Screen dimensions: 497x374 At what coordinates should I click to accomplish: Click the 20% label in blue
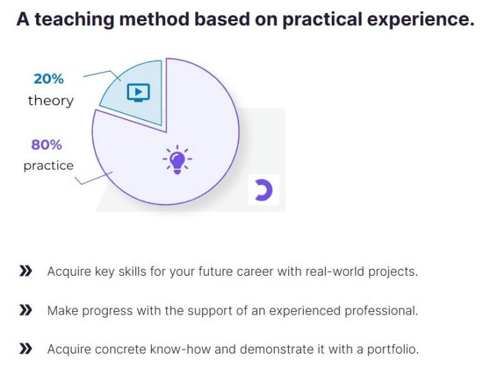pyautogui.click(x=48, y=79)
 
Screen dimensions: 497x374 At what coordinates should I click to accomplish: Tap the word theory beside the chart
pyautogui.click(x=51, y=101)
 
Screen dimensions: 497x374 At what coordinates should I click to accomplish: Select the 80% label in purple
pyautogui.click(x=46, y=145)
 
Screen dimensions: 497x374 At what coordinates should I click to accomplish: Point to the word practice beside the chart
pyautogui.click(x=48, y=166)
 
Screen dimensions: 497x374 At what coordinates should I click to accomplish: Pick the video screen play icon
pyautogui.click(x=138, y=93)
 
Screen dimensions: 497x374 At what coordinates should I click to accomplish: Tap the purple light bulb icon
pyautogui.click(x=177, y=160)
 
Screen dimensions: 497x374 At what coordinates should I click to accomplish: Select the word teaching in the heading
pyautogui.click(x=74, y=19)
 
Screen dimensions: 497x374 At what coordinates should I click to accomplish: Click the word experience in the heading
pyautogui.click(x=421, y=19)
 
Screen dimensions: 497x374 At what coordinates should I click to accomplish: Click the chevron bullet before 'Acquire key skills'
pyautogui.click(x=26, y=272)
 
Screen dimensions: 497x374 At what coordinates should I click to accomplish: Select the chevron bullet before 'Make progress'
pyautogui.click(x=26, y=311)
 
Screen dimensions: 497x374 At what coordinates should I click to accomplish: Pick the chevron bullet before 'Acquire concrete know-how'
pyautogui.click(x=26, y=349)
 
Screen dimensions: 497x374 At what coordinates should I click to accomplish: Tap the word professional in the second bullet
pyautogui.click(x=381, y=311)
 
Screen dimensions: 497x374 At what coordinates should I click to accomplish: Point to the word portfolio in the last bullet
pyautogui.click(x=393, y=349)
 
